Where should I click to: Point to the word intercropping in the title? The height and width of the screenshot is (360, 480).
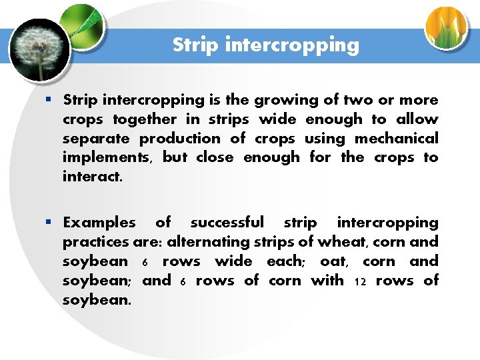pos(292,46)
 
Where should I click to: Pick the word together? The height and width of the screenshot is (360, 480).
pos(144,119)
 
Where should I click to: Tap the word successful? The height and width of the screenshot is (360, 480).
pos(227,222)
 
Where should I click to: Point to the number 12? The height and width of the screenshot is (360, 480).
pos(360,281)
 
